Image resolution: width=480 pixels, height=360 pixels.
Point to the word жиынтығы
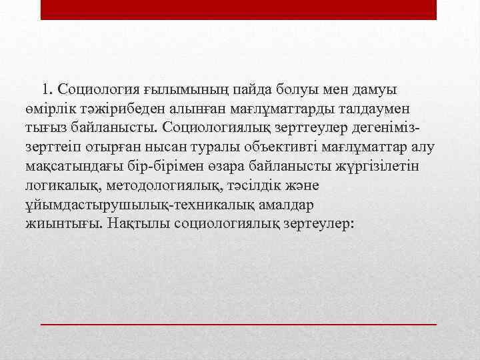61,223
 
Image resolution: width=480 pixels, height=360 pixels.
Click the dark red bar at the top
239,9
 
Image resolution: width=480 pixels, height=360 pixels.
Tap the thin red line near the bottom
239,323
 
